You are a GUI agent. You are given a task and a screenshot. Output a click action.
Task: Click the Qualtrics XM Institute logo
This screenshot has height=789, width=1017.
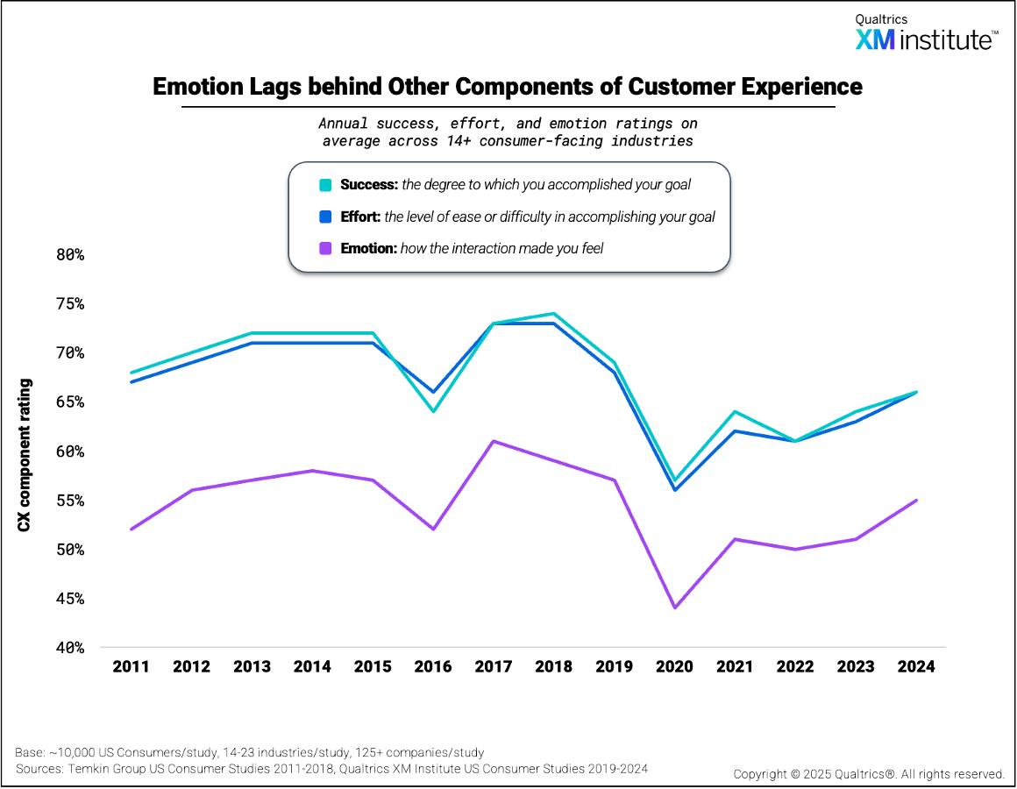pyautogui.click(x=925, y=33)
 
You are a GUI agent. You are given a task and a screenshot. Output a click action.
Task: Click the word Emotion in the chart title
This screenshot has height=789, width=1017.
pyautogui.click(x=194, y=87)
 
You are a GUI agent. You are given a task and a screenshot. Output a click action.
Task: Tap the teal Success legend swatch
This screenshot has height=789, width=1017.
pyautogui.click(x=325, y=185)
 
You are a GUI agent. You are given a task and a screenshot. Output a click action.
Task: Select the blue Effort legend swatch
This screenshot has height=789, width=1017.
pyautogui.click(x=325, y=217)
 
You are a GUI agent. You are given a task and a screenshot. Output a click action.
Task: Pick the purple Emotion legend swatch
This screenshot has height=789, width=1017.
pyautogui.click(x=325, y=248)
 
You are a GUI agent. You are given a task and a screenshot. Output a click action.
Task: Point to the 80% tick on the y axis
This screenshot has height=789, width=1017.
pyautogui.click(x=66, y=255)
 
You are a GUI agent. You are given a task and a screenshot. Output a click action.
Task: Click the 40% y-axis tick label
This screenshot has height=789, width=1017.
pyautogui.click(x=66, y=648)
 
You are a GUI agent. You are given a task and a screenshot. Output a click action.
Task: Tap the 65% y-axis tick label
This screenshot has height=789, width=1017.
pyautogui.click(x=66, y=402)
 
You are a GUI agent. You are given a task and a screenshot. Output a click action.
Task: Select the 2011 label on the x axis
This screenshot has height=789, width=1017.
pyautogui.click(x=132, y=666)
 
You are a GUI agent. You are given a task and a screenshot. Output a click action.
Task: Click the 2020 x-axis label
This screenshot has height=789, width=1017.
pyautogui.click(x=674, y=666)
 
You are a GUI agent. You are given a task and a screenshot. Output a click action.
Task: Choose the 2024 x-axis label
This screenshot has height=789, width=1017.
pyautogui.click(x=916, y=666)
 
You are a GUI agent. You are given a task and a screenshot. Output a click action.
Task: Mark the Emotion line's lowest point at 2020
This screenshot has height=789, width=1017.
pyautogui.click(x=674, y=608)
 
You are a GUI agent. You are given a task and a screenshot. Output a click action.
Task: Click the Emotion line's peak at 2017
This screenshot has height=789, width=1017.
pyautogui.click(x=494, y=441)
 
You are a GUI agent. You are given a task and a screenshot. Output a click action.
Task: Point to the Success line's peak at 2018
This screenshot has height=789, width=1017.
pyautogui.click(x=554, y=313)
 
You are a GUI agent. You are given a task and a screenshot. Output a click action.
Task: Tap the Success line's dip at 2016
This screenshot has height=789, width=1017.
pyautogui.click(x=433, y=411)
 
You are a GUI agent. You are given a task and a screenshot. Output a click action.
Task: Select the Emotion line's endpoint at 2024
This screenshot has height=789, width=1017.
pyautogui.click(x=916, y=501)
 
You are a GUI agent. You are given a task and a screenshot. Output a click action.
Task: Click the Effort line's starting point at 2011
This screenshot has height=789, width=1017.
pyautogui.click(x=132, y=382)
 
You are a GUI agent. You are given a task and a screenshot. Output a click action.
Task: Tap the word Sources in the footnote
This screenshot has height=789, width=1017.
pyautogui.click(x=39, y=769)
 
